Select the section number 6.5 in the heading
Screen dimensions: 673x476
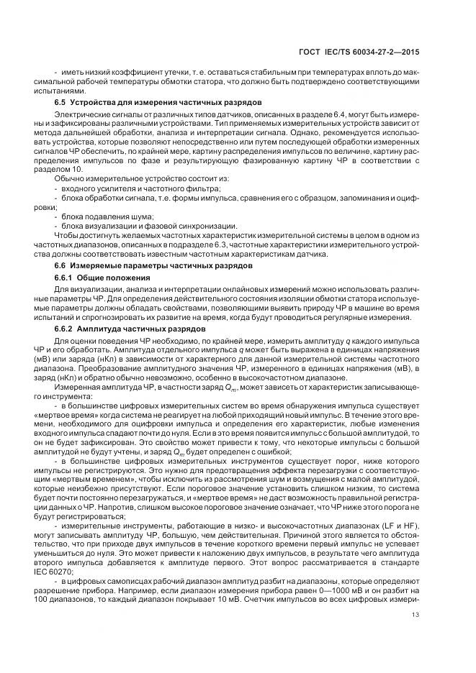click(x=61, y=102)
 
